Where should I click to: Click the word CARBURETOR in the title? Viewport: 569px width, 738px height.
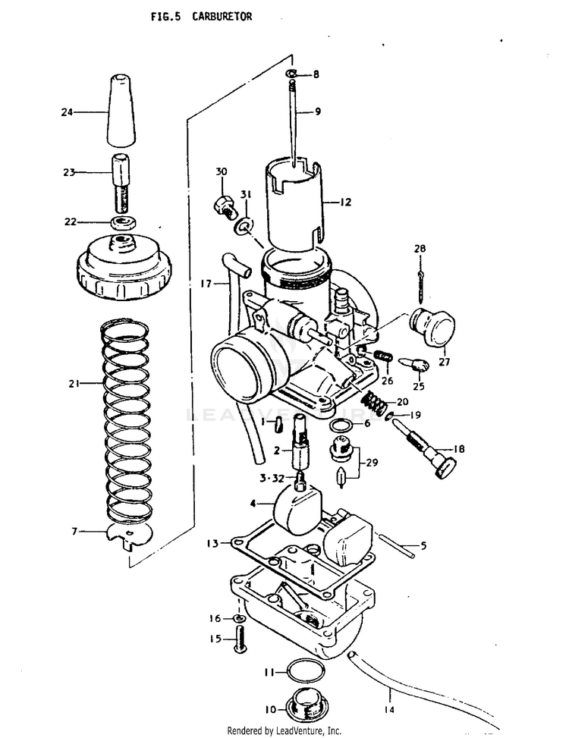222,17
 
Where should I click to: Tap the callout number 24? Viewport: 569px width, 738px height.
67,112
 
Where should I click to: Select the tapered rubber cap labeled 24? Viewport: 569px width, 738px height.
121,110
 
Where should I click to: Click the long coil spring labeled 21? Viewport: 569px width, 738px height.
127,421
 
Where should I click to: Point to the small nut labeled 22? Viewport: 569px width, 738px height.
124,221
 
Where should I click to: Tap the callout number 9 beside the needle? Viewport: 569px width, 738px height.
318,111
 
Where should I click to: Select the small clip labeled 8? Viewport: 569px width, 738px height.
291,74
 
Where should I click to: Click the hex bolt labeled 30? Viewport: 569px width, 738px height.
224,206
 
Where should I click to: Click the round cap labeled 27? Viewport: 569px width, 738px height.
432,325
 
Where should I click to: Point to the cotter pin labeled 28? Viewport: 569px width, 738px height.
420,287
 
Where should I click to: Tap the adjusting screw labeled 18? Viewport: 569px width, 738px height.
426,451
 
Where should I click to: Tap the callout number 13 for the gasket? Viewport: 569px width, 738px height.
212,544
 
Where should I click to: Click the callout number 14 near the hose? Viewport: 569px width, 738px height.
389,709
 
